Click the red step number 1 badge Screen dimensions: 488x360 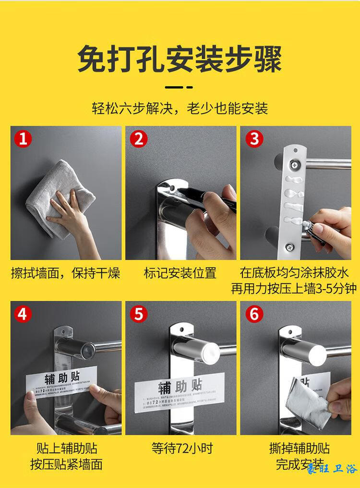pos(23,139)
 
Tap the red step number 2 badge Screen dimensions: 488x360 pos(139,139)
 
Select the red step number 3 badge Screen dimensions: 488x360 pos(254,139)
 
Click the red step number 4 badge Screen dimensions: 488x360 pos(23,314)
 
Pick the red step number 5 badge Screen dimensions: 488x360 pos(139,314)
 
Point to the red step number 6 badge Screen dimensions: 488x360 pos(254,314)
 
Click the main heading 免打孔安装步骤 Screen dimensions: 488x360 pos(180,59)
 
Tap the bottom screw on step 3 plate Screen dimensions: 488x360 pos(289,247)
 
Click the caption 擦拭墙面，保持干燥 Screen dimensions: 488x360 pos(65,273)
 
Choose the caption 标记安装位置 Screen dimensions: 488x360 pos(180,273)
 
